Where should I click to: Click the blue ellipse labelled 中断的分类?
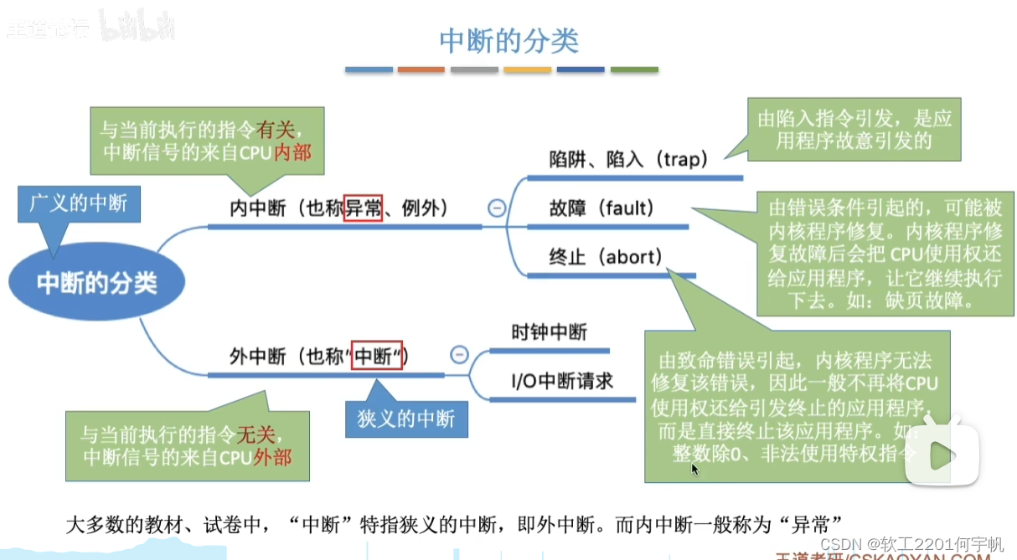pos(96,283)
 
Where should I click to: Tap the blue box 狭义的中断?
pos(406,418)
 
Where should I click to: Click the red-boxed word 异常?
pos(364,207)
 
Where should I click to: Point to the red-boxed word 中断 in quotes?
pos(377,356)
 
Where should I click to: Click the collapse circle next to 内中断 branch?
pos(497,208)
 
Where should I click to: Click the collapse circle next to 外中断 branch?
pos(459,355)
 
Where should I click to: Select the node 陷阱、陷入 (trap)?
pos(628,159)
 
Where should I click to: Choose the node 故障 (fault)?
pos(601,208)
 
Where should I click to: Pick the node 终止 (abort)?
pos(605,256)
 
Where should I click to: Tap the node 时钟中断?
pos(549,332)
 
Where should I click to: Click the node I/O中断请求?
pos(562,381)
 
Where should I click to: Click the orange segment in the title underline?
pos(421,70)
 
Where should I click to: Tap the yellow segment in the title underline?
pos(527,70)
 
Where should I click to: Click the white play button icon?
pos(942,455)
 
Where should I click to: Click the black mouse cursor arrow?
pos(694,469)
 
